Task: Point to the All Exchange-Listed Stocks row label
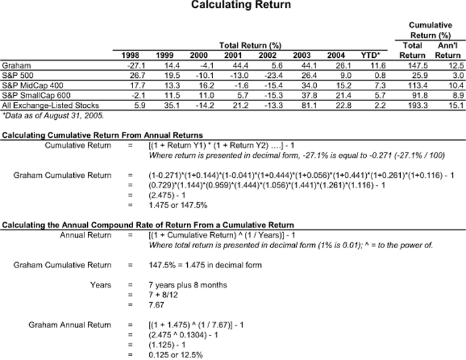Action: [x=51, y=105]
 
